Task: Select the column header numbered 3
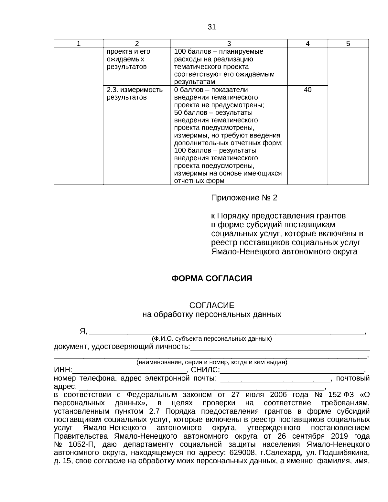[229, 44]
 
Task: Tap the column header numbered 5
[348, 44]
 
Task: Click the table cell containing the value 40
[307, 90]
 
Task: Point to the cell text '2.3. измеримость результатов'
[135, 93]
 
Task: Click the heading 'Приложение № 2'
[244, 198]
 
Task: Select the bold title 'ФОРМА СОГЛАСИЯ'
[211, 278]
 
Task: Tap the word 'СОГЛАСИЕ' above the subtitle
[211, 305]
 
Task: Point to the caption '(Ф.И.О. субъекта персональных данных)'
[211, 339]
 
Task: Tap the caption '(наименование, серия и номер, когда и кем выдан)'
[211, 362]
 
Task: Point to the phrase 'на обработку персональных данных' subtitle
[211, 314]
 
